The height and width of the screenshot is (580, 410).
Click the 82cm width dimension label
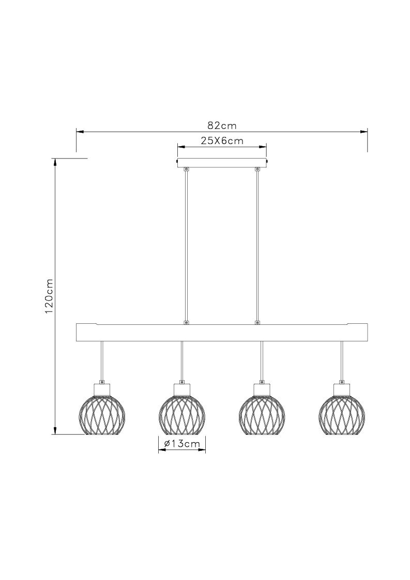tap(222, 126)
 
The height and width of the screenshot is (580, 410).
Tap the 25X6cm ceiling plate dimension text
tap(222, 141)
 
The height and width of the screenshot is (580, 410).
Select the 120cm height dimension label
tap(49, 296)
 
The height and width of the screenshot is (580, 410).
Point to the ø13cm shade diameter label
tap(181, 444)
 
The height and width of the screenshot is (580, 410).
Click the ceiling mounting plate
tap(222, 162)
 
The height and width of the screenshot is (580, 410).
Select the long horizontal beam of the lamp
tap(222, 332)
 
